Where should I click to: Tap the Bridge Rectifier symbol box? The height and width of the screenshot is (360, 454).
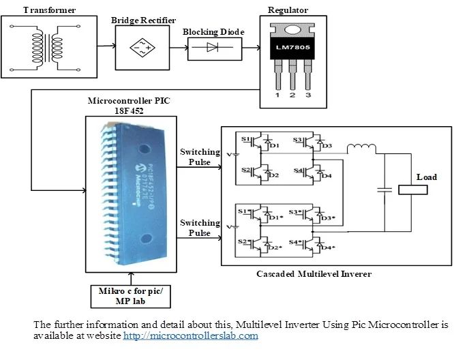pyautogui.click(x=142, y=48)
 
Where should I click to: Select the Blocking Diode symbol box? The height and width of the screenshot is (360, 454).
pyautogui.click(x=212, y=48)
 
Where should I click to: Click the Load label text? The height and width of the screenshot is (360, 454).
pyautogui.click(x=426, y=177)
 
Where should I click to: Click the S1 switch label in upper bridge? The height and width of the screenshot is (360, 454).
pyautogui.click(x=245, y=139)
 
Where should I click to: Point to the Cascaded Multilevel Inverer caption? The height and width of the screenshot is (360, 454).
pyautogui.click(x=315, y=274)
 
